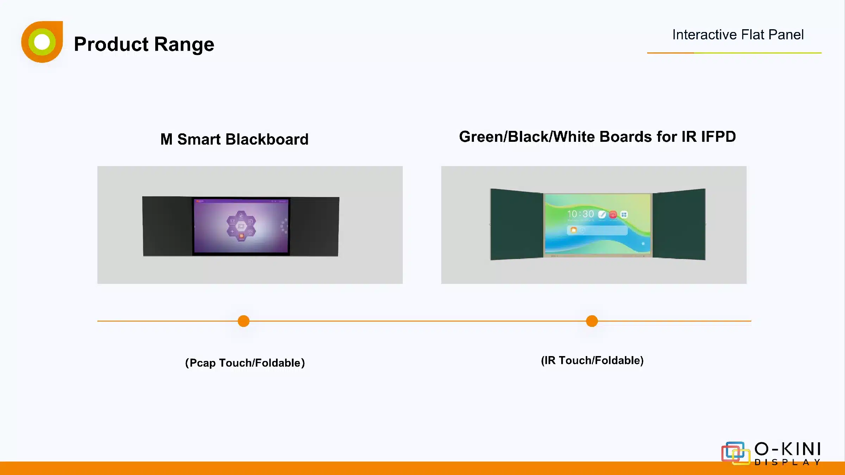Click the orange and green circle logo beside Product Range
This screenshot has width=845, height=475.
pos(42,42)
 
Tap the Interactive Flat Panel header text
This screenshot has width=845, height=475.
pos(738,34)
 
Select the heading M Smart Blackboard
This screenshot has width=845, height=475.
pos(234,139)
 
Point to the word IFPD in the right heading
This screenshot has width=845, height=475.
pos(719,137)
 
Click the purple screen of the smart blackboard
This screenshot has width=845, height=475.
pos(241,226)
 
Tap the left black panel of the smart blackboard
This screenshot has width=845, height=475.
pos(167,226)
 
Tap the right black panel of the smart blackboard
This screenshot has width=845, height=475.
pos(314,227)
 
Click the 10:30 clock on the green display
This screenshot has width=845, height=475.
pos(581,214)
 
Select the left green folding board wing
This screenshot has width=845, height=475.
pos(517,224)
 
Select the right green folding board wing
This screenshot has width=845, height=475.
pos(679,224)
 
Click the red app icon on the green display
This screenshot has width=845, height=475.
pos(613,214)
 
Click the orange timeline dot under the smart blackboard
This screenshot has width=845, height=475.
pos(244,321)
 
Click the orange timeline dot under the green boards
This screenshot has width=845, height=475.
pos(592,321)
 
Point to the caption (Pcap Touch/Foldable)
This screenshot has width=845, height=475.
pos(245,363)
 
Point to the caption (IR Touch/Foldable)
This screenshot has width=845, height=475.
pos(592,360)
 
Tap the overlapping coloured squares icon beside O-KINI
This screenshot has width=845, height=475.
pos(736,453)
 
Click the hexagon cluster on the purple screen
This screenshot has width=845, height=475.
pos(241,226)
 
